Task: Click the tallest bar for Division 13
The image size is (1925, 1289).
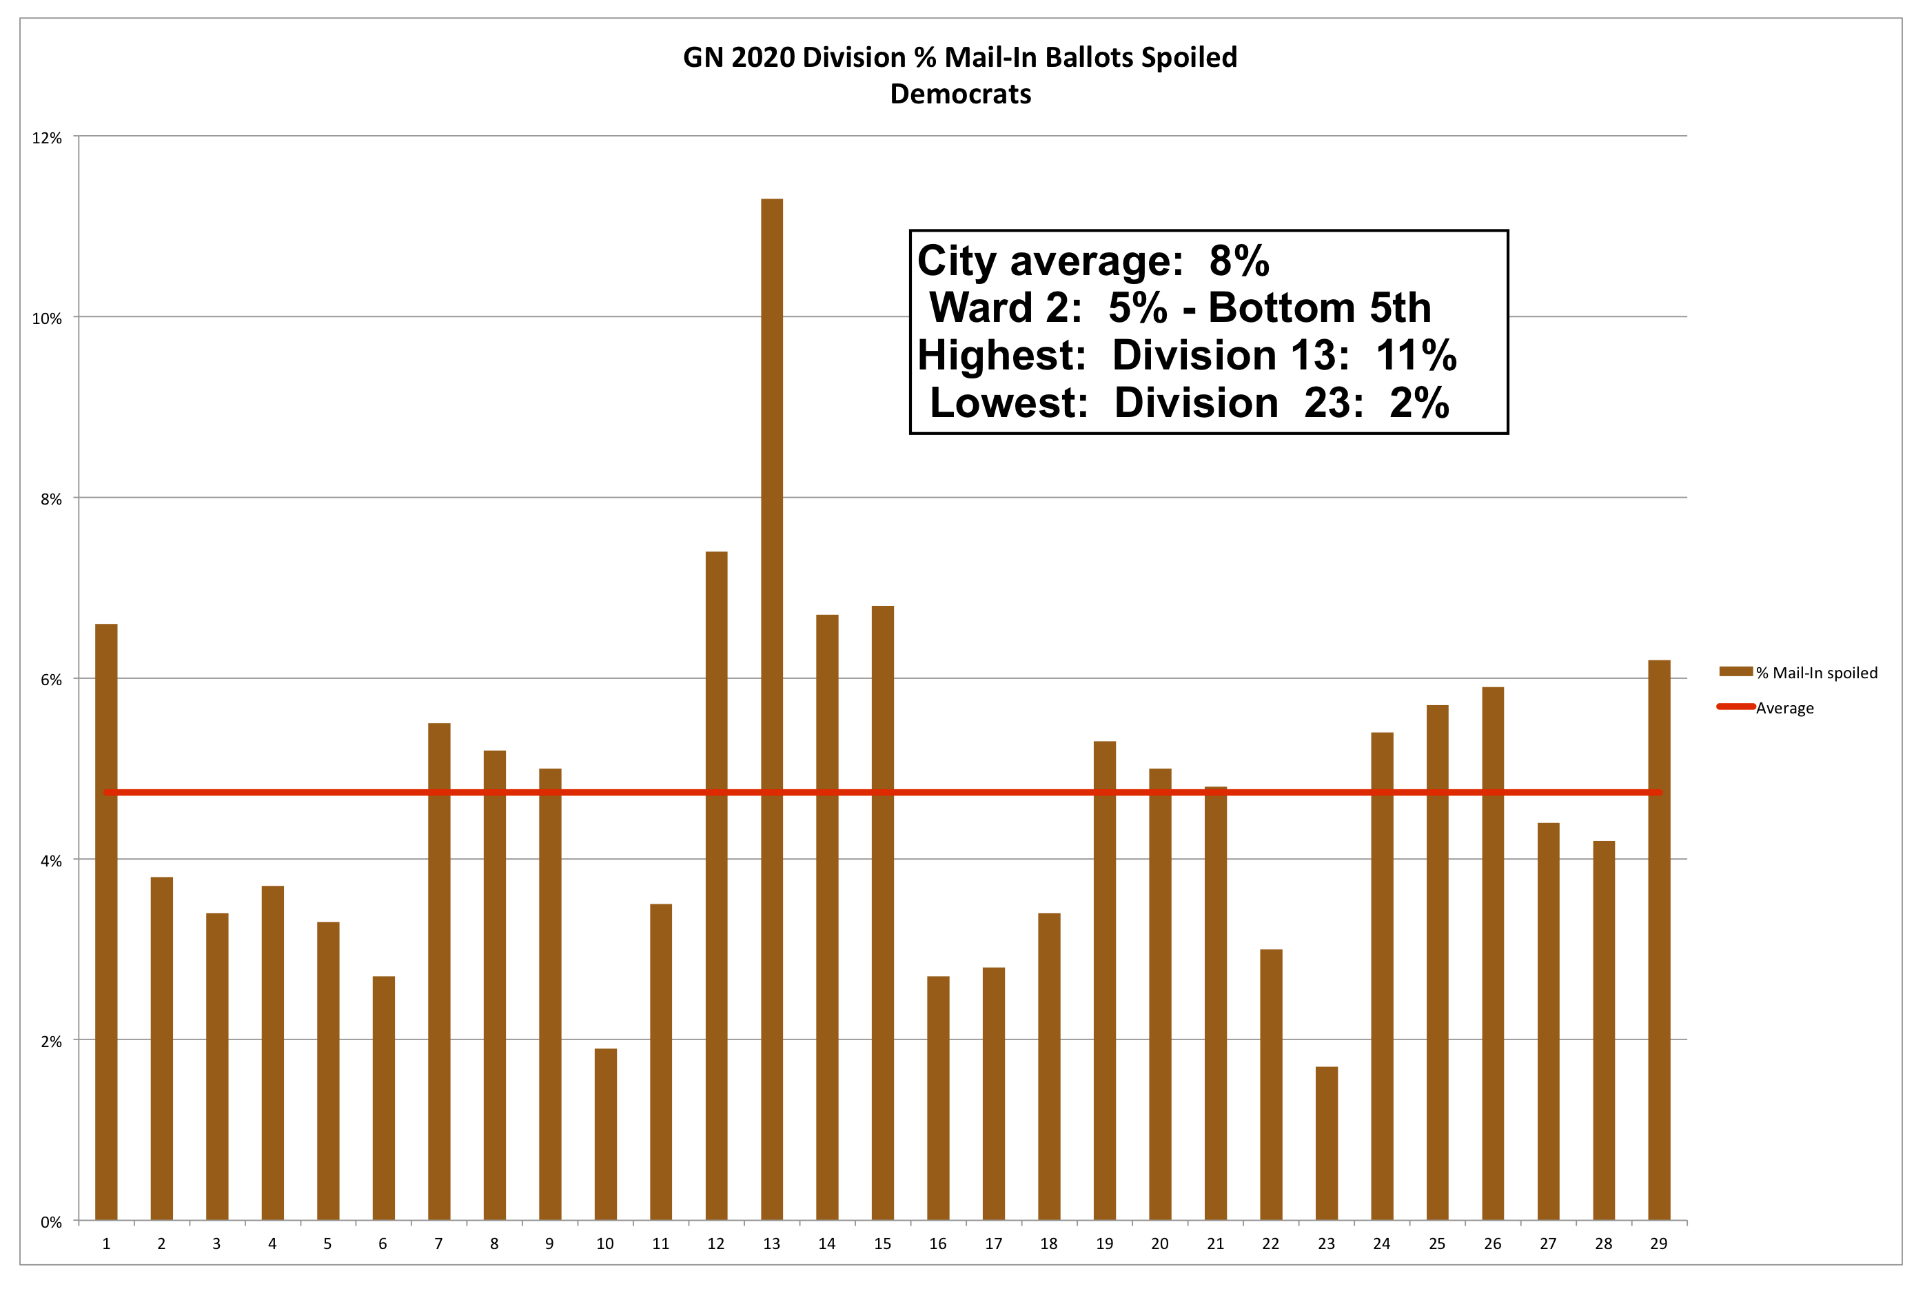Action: coord(771,707)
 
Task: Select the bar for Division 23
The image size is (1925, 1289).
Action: coord(1326,1143)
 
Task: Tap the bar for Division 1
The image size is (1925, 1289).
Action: coord(106,921)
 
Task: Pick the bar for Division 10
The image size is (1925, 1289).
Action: coord(605,1134)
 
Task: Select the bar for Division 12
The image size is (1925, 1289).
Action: coord(716,884)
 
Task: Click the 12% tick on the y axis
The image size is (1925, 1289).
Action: coord(47,138)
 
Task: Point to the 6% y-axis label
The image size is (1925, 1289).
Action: coord(51,680)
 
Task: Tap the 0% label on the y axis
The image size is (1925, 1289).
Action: coord(51,1222)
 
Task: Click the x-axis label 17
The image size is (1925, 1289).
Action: coord(993,1244)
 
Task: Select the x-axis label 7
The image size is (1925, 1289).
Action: coord(439,1244)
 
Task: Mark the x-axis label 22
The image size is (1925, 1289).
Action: coord(1271,1244)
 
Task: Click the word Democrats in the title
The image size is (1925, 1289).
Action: coord(960,94)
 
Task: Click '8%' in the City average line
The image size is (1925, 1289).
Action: coord(1239,261)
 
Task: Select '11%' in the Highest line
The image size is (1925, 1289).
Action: coord(1416,355)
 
